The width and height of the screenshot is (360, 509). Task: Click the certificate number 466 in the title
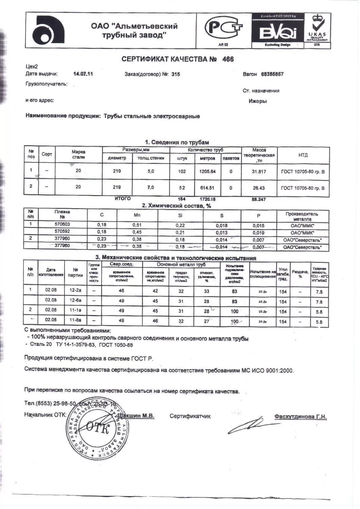tap(228, 59)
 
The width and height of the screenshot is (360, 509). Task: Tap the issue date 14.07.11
tap(83, 74)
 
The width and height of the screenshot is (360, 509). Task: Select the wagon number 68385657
tap(272, 74)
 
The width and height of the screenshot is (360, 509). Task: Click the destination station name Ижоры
tap(257, 101)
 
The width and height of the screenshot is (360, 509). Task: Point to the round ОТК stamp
tap(97, 430)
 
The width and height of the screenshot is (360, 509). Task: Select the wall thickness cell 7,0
tap(150, 187)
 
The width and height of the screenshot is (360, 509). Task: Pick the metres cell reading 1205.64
tap(207, 171)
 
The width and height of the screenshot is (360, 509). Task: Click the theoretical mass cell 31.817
tap(259, 172)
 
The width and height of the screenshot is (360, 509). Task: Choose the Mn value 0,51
tap(137, 225)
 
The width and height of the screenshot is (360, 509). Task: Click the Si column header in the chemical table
tap(180, 215)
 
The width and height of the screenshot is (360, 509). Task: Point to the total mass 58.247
tap(259, 199)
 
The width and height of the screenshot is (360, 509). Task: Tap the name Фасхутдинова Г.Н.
tap(300, 417)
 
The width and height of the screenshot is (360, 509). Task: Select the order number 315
tap(176, 74)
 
